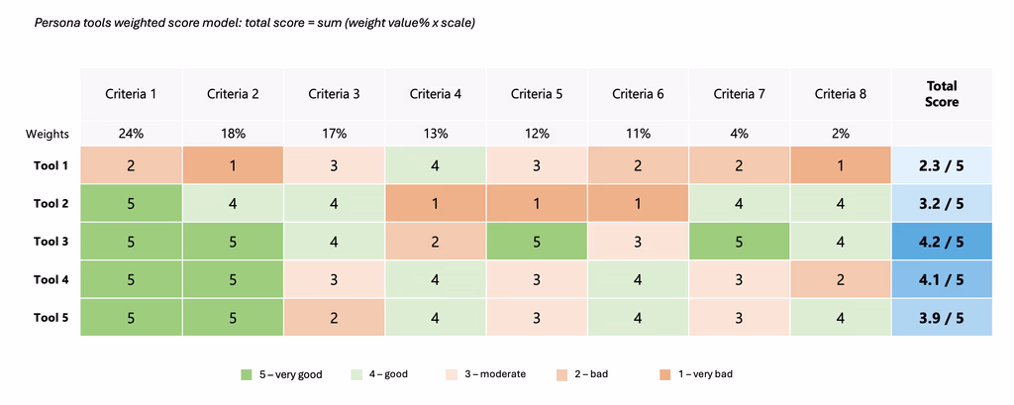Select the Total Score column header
pyautogui.click(x=941, y=94)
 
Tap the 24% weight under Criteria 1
pyautogui.click(x=132, y=133)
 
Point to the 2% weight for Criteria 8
pyautogui.click(x=841, y=133)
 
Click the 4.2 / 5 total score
pyautogui.click(x=941, y=242)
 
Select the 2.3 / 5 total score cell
pyautogui.click(x=941, y=166)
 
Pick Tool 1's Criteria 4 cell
pyautogui.click(x=436, y=166)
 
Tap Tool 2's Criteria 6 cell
pyautogui.click(x=638, y=204)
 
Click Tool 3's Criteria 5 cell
pyautogui.click(x=537, y=242)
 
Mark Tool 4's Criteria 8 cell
pyautogui.click(x=841, y=279)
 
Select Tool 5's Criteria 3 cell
pyautogui.click(x=334, y=317)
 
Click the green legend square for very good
pyautogui.click(x=247, y=374)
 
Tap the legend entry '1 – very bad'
pyautogui.click(x=703, y=374)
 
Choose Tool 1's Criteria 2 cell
pyautogui.click(x=233, y=166)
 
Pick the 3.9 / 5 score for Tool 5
pyautogui.click(x=941, y=317)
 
